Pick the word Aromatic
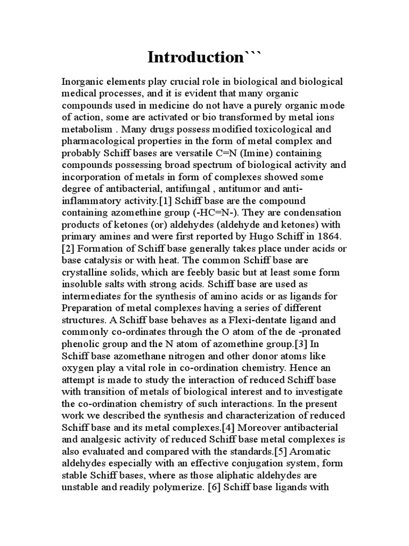pyautogui.click(x=317, y=451)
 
